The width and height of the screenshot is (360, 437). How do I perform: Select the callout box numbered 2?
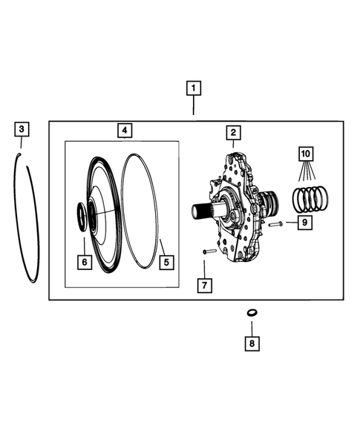click(x=232, y=133)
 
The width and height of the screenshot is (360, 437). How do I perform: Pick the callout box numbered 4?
click(x=125, y=131)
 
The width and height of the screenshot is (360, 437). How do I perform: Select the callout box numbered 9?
click(x=304, y=221)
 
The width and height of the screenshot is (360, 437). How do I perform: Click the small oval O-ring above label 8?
click(x=252, y=313)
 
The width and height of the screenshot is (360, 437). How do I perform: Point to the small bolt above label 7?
click(x=208, y=252)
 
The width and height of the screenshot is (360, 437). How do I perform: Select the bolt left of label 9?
click(x=275, y=223)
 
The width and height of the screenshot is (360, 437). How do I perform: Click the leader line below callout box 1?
click(x=193, y=108)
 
